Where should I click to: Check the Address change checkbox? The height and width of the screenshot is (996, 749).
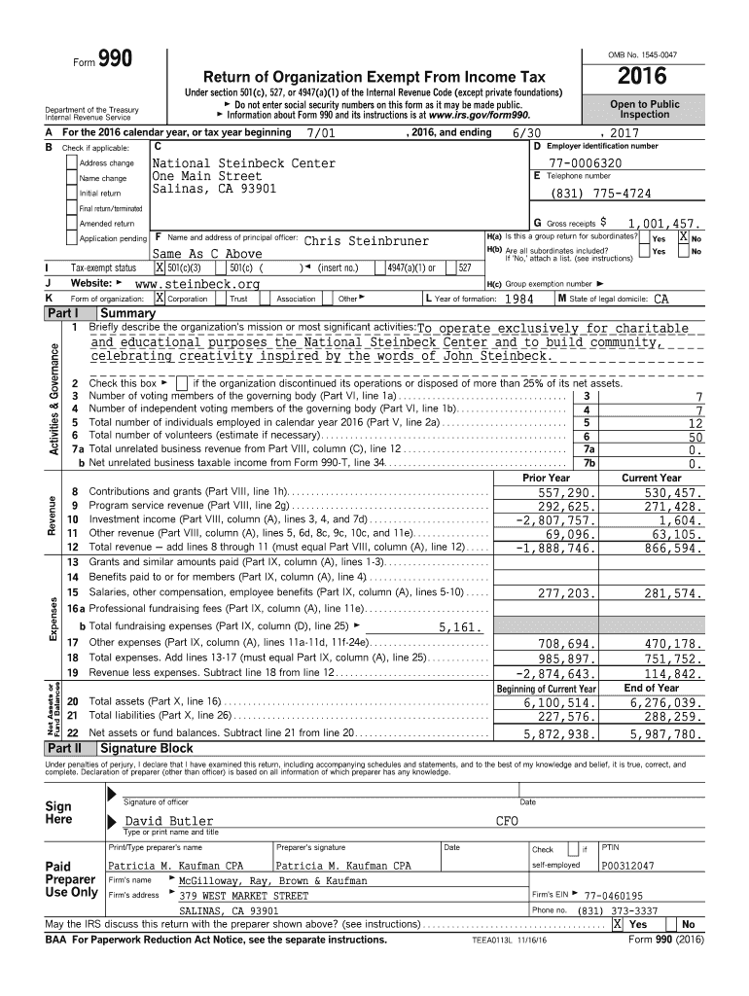(x=71, y=163)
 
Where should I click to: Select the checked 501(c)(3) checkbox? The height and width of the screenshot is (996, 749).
(x=160, y=267)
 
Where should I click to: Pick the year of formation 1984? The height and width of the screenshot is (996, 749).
(x=522, y=300)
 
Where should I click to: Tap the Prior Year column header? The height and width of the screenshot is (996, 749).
(x=546, y=478)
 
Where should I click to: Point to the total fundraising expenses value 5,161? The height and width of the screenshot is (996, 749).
(x=460, y=626)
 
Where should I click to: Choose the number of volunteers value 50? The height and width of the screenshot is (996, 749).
(x=695, y=438)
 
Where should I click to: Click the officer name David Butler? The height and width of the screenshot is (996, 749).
(x=169, y=822)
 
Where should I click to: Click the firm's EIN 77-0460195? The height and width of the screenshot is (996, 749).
(x=614, y=896)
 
